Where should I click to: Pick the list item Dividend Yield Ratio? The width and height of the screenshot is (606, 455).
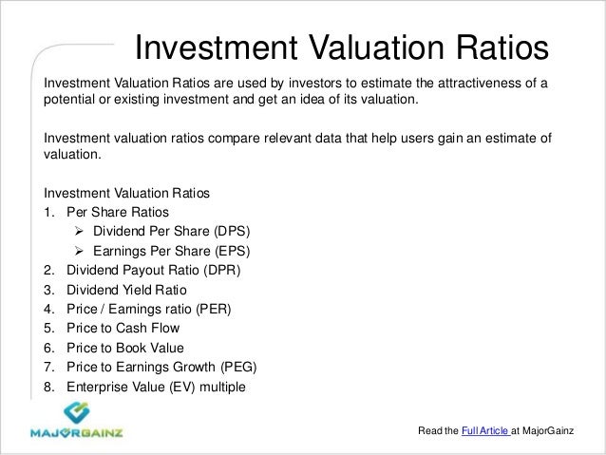[124, 290]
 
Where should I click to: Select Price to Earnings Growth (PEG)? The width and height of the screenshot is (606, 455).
[161, 367]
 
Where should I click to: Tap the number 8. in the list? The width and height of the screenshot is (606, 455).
[49, 387]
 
